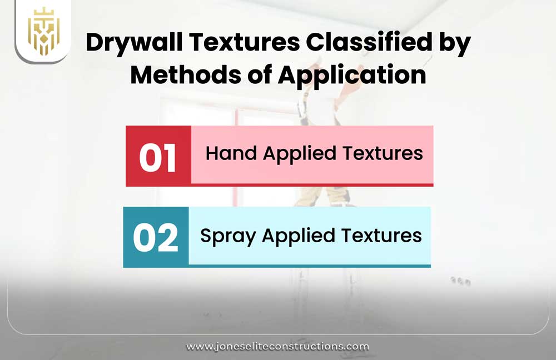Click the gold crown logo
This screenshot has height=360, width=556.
[43, 31]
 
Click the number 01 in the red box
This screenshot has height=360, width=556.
[158, 157]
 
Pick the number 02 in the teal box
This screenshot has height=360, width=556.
[156, 237]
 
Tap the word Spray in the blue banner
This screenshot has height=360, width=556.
[229, 236]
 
